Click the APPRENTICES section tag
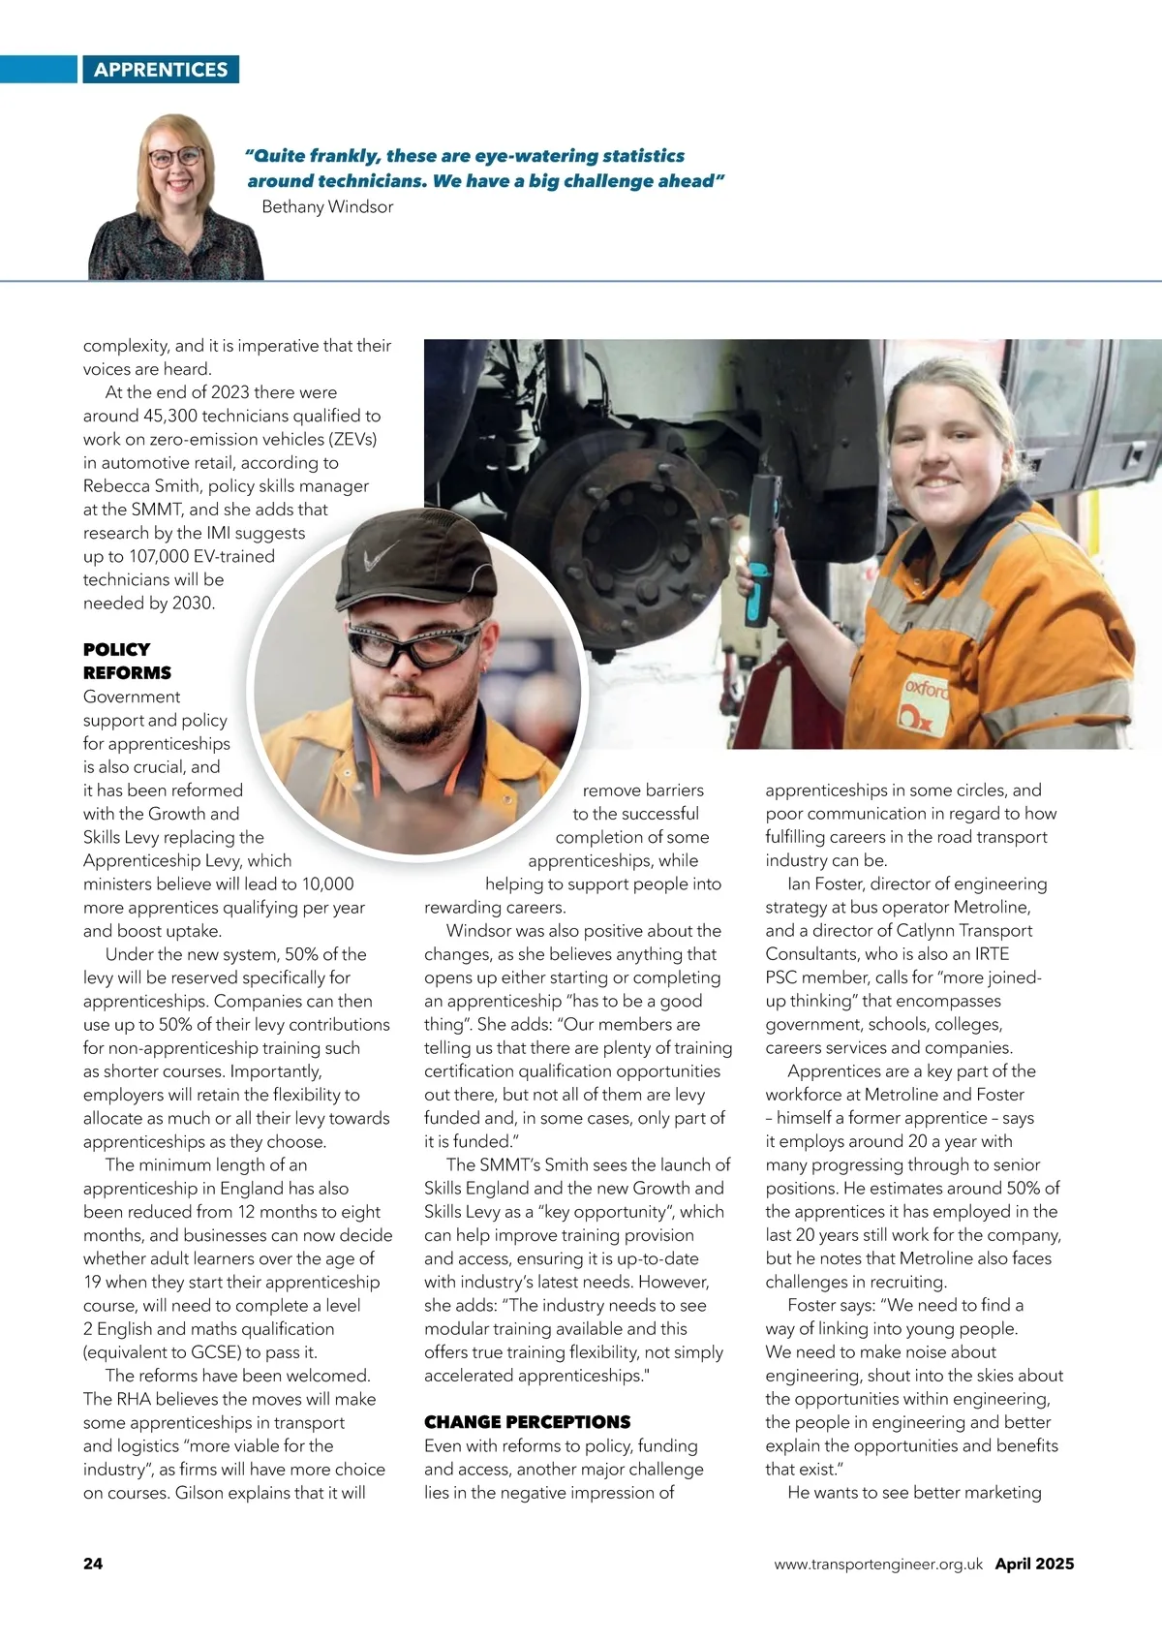(x=161, y=70)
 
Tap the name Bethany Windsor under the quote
(x=327, y=206)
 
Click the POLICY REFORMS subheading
(x=127, y=661)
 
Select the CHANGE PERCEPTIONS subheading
(x=527, y=1422)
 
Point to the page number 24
(x=93, y=1564)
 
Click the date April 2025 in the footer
(x=1034, y=1564)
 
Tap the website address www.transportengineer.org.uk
(x=878, y=1564)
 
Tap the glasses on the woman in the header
(x=176, y=156)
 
